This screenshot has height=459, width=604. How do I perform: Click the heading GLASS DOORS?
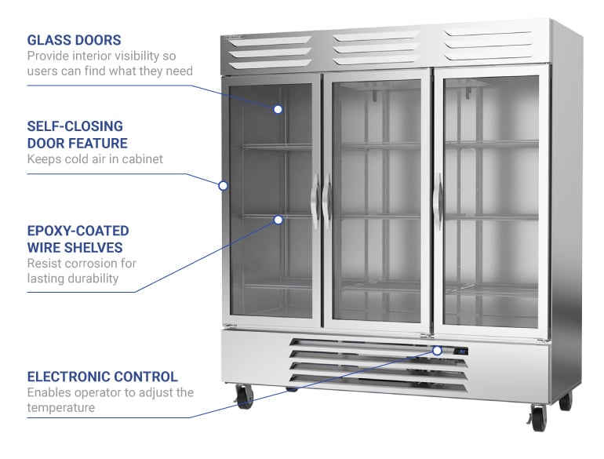point(74,39)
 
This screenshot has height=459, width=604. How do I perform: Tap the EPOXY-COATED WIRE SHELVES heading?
point(78,239)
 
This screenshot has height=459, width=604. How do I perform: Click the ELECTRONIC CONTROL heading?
point(102,377)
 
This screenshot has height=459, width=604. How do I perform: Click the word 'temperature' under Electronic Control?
point(61,408)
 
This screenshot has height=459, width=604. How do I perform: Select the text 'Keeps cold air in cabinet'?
point(95,159)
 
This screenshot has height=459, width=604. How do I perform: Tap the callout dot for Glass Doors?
point(278,109)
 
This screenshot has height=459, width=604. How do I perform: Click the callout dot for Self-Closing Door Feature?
point(223,186)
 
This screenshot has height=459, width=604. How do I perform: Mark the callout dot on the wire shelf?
point(278,220)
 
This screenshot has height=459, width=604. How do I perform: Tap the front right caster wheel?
point(538,418)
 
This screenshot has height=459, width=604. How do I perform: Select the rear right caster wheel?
point(565,401)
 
